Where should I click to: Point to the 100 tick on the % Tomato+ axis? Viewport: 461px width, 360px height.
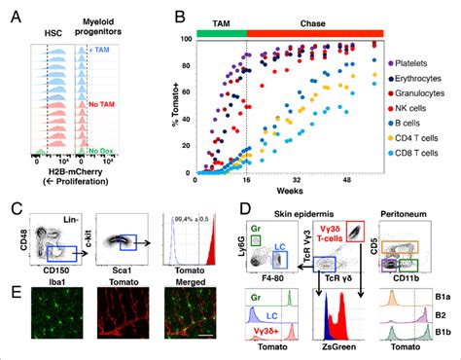pos(185,39)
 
